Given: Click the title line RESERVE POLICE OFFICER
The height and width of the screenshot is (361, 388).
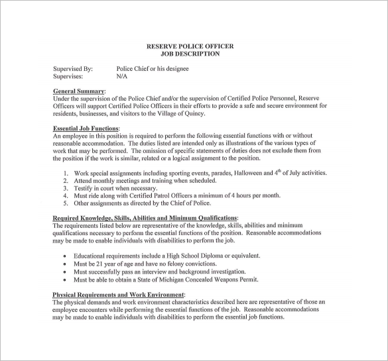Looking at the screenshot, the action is pos(190,46).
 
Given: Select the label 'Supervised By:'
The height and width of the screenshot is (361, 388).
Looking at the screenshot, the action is pos(72,69).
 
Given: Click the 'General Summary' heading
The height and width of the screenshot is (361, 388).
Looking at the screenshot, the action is pos(78,91).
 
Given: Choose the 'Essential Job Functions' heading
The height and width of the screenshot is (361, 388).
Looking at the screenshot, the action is pos(86,129).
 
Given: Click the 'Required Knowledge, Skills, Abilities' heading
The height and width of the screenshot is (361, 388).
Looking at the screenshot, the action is pos(145,218).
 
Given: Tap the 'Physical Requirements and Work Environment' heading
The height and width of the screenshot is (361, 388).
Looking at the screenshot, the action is pos(119,294).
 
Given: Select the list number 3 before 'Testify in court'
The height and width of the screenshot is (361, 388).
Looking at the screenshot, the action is pos(66,188).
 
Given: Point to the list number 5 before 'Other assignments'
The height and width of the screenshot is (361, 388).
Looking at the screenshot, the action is pos(66,203).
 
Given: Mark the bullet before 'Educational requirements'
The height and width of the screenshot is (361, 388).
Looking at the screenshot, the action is pos(64,256).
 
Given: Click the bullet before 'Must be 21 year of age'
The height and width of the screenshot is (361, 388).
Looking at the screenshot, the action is pos(64,264).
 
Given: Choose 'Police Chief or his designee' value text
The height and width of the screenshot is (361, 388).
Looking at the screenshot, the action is pos(153,69).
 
